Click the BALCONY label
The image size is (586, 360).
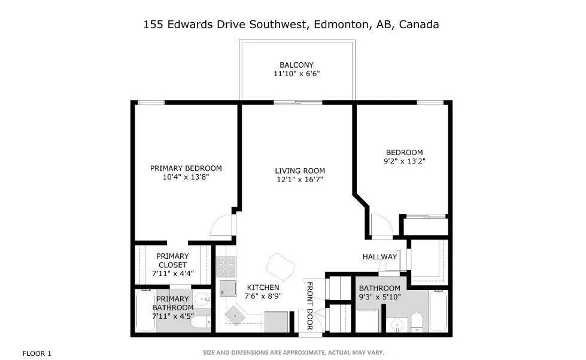point(296,65)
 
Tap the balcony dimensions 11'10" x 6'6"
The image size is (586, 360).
point(296,74)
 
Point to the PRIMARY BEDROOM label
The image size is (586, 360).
point(186,168)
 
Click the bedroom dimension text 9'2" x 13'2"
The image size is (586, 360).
point(405,161)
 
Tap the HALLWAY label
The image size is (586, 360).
point(379,257)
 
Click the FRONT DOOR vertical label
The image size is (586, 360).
point(310,305)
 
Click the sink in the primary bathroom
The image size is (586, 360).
point(201,300)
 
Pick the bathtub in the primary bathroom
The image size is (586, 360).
point(145,311)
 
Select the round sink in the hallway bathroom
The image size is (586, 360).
point(396,326)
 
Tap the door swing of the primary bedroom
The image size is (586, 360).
point(221,225)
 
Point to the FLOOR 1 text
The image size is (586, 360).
point(37,353)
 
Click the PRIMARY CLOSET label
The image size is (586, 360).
point(173,261)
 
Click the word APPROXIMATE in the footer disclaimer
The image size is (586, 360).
point(297,352)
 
